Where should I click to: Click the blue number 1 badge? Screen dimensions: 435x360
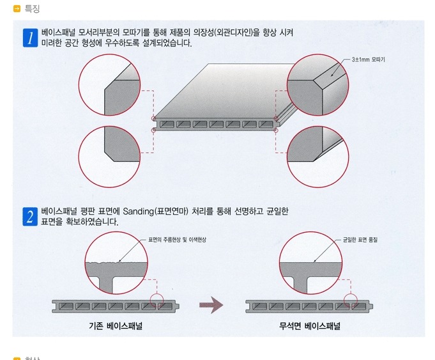[30, 38]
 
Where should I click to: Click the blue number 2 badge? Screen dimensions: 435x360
[30, 216]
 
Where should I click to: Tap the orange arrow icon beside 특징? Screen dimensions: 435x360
[17, 9]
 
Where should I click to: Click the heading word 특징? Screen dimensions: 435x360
[32, 8]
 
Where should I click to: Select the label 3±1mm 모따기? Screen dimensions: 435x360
[368, 59]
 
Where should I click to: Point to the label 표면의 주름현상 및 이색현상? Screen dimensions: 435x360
[177, 240]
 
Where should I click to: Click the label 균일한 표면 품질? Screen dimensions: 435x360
[360, 240]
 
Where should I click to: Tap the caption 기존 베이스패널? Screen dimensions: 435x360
[116, 325]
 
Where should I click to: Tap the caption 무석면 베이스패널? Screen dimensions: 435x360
[310, 325]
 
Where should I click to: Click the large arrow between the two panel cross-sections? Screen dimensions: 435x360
[211, 305]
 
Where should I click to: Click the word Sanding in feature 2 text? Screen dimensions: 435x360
[138, 212]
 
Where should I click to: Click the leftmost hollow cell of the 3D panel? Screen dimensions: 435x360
[167, 124]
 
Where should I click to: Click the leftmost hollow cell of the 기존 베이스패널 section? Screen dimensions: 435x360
[66, 306]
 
